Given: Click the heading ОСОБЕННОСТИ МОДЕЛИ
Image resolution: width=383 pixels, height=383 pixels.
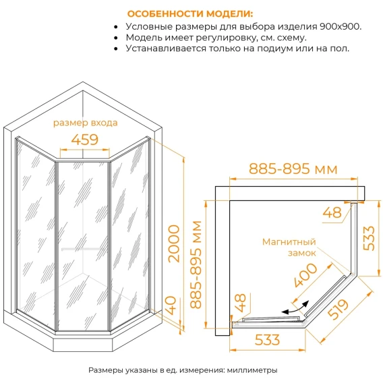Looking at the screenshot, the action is click(190, 13).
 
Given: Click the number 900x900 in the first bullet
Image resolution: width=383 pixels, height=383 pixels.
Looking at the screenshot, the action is click(340, 26).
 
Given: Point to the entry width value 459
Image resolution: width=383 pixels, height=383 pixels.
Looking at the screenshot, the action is click(85, 140).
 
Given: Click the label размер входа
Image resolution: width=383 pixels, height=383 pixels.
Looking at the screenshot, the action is click(85, 123).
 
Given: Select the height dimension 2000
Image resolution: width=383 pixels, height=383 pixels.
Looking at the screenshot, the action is click(175, 243).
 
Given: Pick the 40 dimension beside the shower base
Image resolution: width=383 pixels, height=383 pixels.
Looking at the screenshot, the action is click(172, 305).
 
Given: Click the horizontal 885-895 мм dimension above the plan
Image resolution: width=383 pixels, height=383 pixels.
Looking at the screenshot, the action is click(293, 169).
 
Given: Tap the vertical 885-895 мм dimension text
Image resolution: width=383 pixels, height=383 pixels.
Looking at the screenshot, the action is click(196, 264).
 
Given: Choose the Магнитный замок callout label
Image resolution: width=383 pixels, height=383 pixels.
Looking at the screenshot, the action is click(289, 247).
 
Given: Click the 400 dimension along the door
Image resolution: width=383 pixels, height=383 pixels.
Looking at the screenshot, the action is click(305, 275).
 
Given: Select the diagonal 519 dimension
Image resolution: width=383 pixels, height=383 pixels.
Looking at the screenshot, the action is click(338, 310).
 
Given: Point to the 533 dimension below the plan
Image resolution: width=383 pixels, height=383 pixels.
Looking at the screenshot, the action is click(267, 340).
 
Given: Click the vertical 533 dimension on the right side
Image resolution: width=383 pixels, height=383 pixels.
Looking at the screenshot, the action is click(369, 239).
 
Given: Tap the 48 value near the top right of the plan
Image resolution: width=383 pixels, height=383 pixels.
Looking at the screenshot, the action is click(332, 212).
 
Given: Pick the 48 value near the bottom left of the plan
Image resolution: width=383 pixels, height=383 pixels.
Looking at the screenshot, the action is click(240, 303).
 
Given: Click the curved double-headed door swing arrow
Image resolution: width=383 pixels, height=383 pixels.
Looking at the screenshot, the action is click(295, 309).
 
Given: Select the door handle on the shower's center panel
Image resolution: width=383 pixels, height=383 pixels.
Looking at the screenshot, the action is click(82, 249).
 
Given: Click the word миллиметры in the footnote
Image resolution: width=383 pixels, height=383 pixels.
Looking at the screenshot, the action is click(252, 370).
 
